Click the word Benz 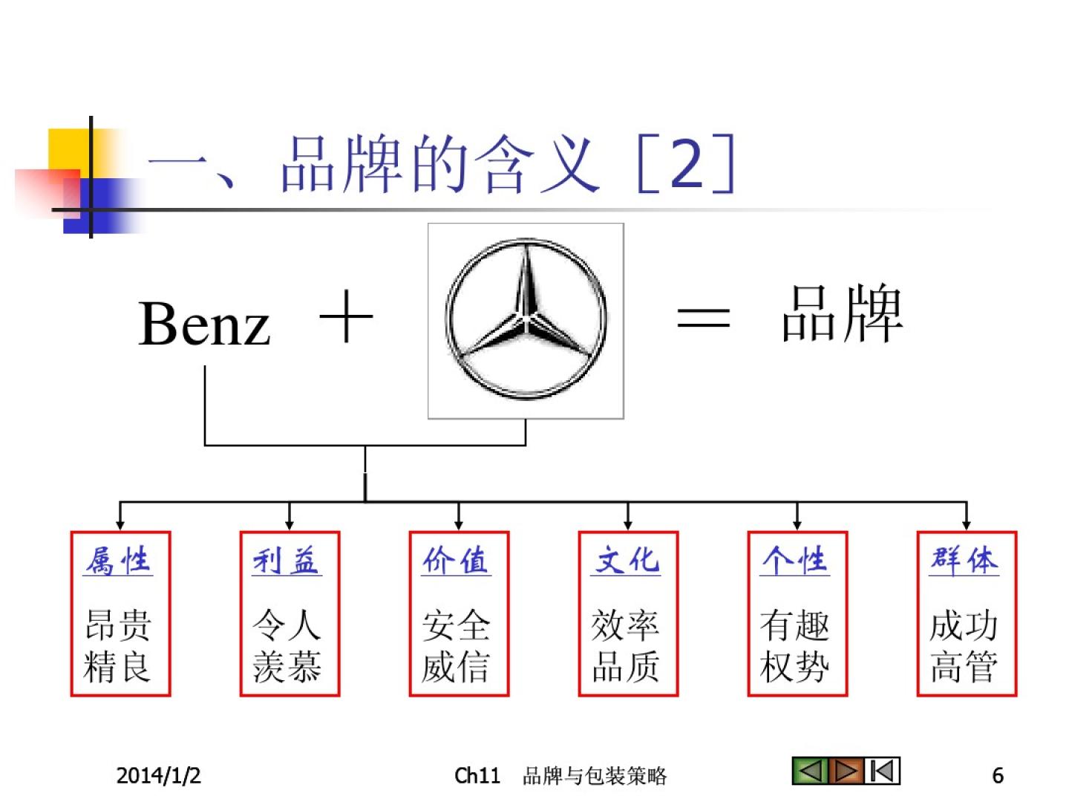204,324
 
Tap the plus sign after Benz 346,317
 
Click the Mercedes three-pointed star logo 526,320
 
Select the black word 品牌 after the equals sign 843,315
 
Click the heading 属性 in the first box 118,561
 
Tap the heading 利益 287,561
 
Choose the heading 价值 456,561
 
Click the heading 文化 627,561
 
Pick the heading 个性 795,561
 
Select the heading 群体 964,561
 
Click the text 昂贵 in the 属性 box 119,625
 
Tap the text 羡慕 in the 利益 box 287,667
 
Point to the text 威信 456,667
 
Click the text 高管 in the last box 964,667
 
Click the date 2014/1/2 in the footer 158,775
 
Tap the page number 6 998,775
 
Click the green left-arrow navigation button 810,771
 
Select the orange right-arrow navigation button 846,771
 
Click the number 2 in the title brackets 686,165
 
